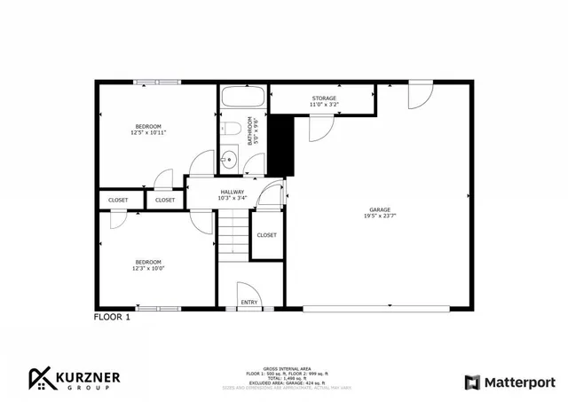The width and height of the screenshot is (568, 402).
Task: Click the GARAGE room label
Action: [x=380, y=209]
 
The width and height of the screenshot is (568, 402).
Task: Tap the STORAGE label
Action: [x=323, y=98]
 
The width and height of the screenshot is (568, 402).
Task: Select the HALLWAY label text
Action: [x=233, y=191]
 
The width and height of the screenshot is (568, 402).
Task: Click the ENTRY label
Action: [x=250, y=303]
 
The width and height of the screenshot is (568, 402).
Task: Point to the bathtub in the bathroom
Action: [x=243, y=99]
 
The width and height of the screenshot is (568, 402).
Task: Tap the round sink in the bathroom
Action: [x=229, y=161]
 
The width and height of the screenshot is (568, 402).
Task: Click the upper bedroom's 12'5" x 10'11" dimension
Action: [x=147, y=133]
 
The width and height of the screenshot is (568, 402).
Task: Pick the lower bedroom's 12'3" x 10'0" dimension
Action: [x=147, y=268]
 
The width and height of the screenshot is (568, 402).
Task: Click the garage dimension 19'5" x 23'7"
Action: [x=380, y=216]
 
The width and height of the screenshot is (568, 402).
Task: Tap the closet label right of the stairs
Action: [x=266, y=235]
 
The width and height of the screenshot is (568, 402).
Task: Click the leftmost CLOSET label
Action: [x=118, y=201]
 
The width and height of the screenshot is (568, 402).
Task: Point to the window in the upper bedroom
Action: [x=157, y=83]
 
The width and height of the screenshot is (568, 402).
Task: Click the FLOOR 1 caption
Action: [x=112, y=317]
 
